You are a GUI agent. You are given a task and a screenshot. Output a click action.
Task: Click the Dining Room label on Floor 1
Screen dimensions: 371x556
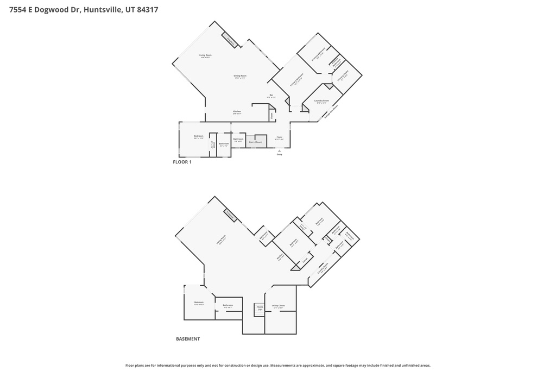pos(240,77)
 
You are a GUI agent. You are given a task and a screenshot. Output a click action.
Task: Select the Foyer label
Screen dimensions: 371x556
pos(279,138)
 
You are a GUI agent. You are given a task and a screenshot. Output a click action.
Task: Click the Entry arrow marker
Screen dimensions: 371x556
pos(279,150)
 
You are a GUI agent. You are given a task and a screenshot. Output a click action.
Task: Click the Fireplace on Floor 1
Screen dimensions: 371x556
pos(230,41)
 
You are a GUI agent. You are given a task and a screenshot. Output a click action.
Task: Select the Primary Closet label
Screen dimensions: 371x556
pos(343,77)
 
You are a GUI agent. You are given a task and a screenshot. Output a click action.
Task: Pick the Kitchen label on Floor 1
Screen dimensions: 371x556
pos(237,112)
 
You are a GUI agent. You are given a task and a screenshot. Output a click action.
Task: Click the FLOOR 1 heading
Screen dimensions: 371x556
pos(182,162)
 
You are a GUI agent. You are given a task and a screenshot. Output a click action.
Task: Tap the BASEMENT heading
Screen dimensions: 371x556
pos(188,339)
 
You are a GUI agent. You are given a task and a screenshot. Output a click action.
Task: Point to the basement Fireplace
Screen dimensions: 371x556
pos(230,216)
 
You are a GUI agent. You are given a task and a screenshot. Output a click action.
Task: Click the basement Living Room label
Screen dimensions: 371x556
pos(221,240)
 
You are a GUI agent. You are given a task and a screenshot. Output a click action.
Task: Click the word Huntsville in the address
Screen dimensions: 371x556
pos(102,10)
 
